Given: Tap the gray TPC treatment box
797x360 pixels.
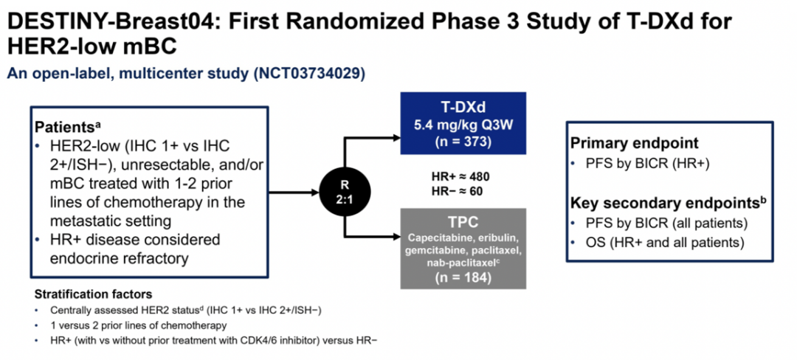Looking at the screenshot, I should pyautogui.click(x=463, y=247).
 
